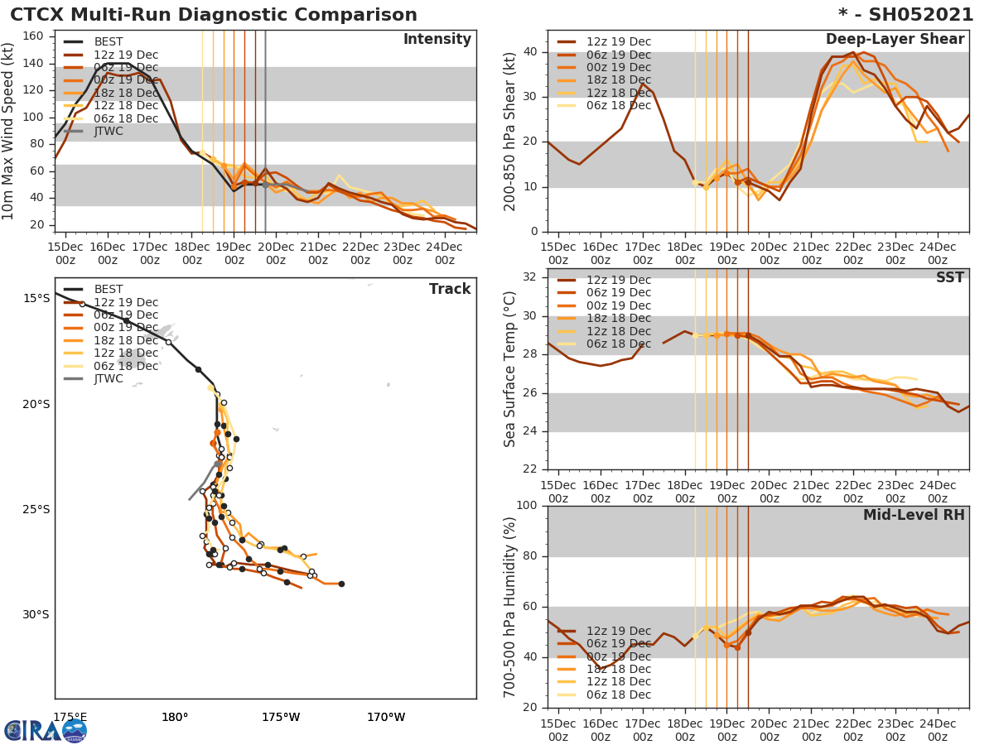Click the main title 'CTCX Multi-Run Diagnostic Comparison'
(x=214, y=15)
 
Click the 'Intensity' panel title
(x=437, y=40)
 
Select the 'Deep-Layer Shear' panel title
(x=895, y=40)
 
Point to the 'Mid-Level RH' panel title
(x=914, y=516)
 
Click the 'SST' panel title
(x=950, y=278)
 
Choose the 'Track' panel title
(x=450, y=289)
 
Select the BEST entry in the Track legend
(x=109, y=289)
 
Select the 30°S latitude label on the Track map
(x=36, y=614)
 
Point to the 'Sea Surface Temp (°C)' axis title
(x=510, y=369)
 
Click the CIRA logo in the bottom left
(x=46, y=730)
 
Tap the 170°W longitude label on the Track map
(x=386, y=717)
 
